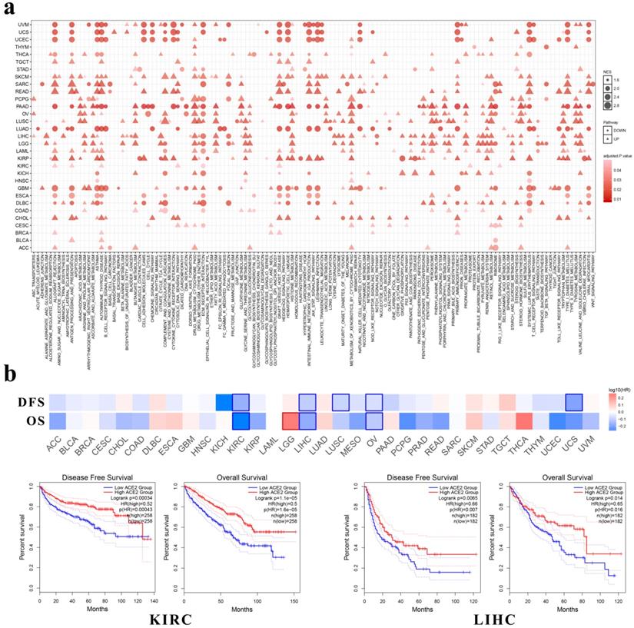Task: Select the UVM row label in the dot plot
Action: point(24,25)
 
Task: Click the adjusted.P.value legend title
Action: point(614,156)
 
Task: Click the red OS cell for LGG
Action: point(290,421)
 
